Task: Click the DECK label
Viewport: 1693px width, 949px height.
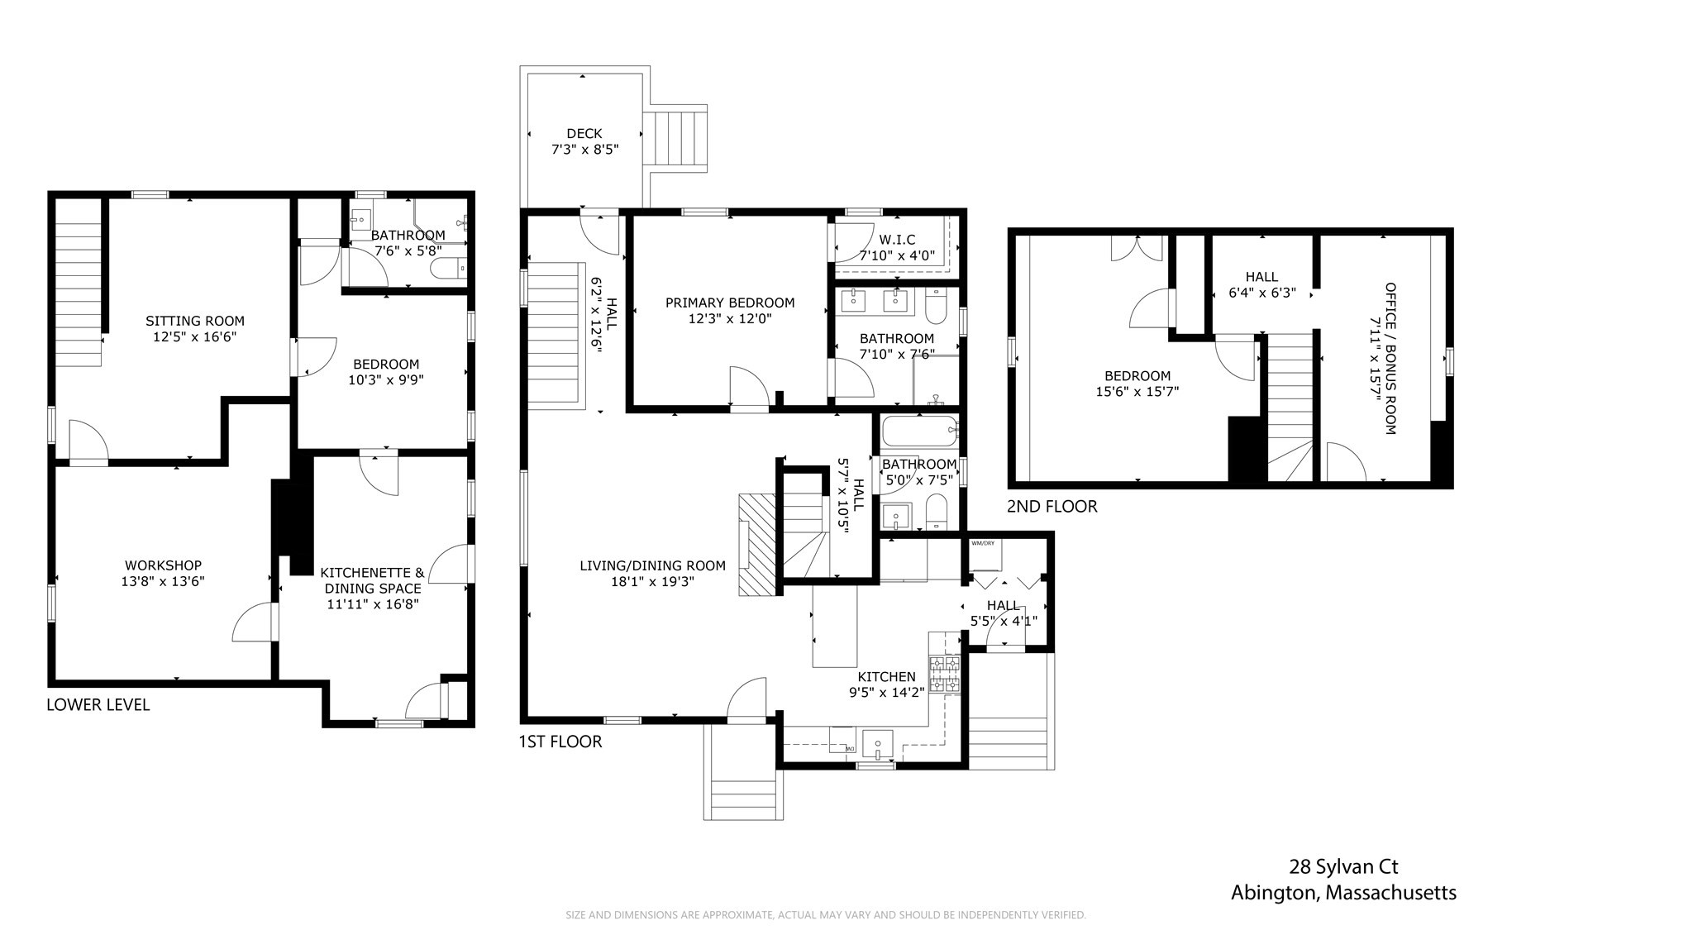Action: [584, 133]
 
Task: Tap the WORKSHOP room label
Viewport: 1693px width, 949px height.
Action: [163, 565]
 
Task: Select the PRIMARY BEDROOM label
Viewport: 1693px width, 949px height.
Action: [729, 303]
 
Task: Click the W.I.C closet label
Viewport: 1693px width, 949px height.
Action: [897, 240]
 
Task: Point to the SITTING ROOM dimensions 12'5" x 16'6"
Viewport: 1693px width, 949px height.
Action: [194, 337]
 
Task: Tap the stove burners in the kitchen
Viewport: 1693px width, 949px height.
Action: [945, 673]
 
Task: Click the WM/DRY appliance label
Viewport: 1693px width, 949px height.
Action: [983, 543]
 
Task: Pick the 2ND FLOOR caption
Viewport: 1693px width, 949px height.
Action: [1052, 507]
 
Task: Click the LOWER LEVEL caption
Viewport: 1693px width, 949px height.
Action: [98, 704]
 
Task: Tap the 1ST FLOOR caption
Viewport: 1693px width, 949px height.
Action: [560, 742]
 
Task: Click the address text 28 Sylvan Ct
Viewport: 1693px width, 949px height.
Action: [1343, 867]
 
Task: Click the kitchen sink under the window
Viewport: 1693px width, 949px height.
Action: [877, 744]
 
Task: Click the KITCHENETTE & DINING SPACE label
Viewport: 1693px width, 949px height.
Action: [372, 580]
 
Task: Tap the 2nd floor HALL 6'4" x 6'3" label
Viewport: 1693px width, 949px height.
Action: [1261, 284]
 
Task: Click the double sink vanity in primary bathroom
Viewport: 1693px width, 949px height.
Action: [875, 301]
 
